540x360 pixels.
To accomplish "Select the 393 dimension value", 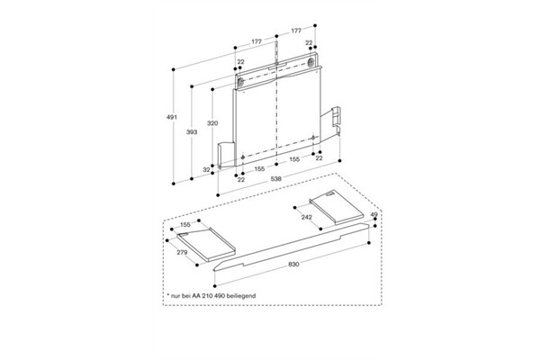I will [192, 132].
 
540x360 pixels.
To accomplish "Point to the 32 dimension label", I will [206, 168].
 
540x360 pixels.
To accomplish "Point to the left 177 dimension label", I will [256, 41].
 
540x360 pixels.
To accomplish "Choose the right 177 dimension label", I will [296, 31].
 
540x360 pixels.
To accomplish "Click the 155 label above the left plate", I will [185, 224].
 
